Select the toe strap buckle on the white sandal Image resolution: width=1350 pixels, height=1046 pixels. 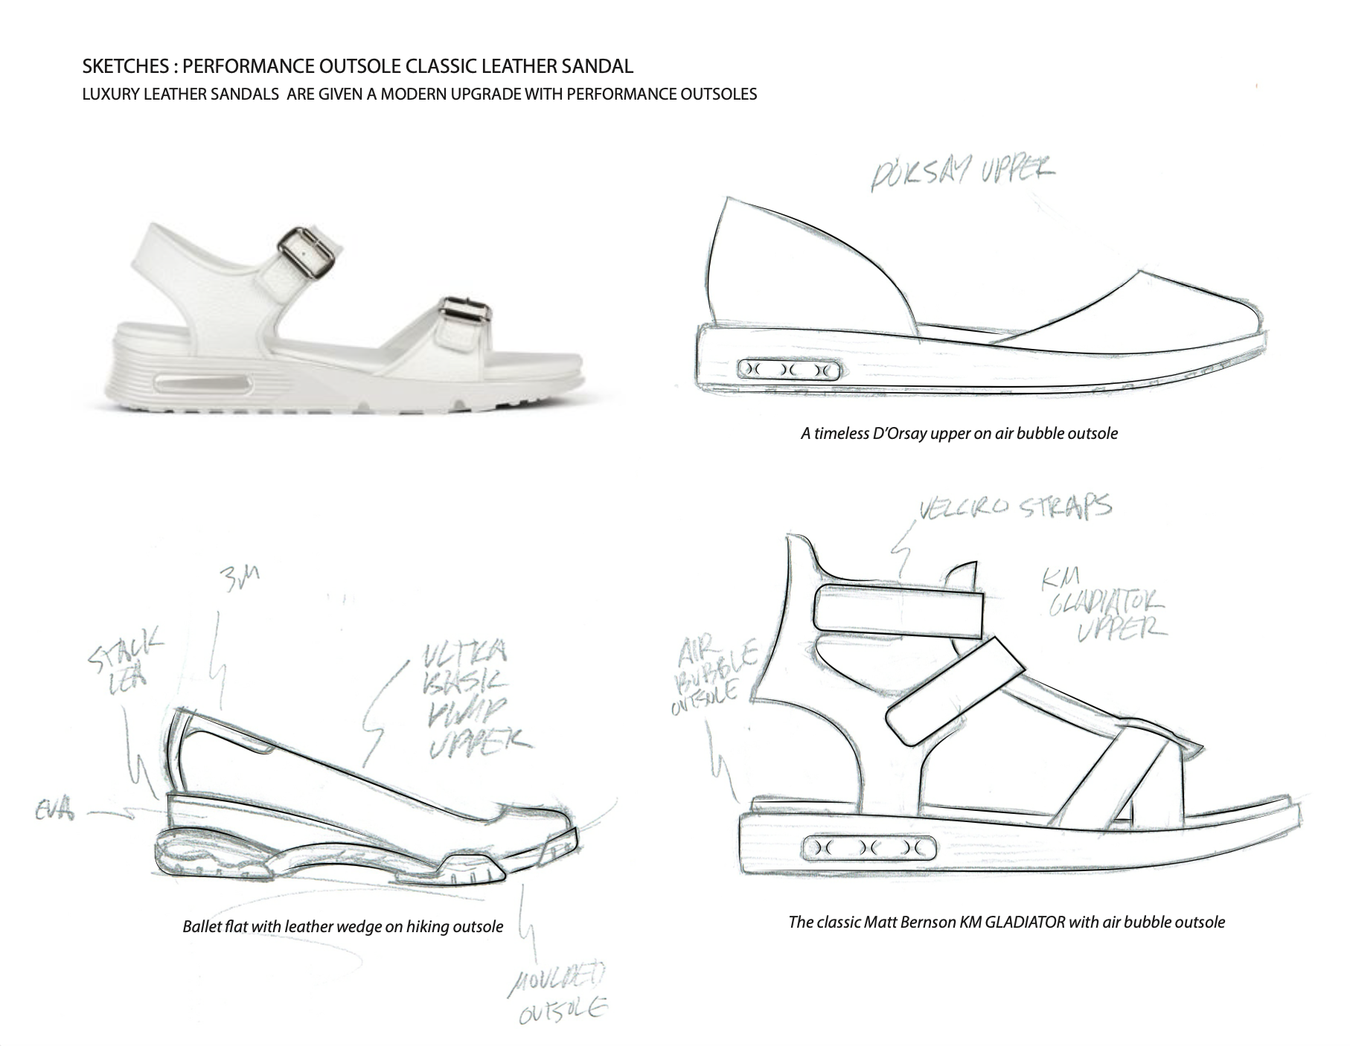[463, 317]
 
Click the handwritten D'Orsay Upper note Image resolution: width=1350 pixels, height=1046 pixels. [962, 175]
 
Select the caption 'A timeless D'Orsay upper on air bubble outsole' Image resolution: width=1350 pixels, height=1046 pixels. [959, 433]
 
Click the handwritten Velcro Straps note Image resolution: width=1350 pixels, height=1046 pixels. [1015, 508]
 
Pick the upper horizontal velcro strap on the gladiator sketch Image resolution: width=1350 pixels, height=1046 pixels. [898, 610]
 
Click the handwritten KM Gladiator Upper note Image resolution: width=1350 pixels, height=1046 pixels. [1106, 611]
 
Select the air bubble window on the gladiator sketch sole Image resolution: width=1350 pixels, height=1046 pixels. [869, 847]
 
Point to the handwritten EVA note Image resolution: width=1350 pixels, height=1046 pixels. [55, 810]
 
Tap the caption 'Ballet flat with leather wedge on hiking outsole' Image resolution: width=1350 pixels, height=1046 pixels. [342, 927]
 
